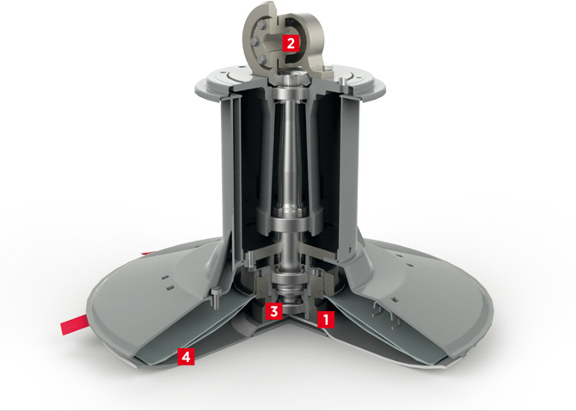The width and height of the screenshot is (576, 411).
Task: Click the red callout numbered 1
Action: [326, 320]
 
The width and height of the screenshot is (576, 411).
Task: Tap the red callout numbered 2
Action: [291, 43]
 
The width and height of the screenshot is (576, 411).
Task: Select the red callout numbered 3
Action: [274, 311]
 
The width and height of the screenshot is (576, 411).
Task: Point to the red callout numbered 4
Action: [187, 356]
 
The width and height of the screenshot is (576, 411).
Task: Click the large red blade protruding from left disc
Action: [74, 324]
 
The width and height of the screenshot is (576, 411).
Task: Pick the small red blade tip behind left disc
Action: [148, 253]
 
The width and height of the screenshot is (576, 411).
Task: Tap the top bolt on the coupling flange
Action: [261, 25]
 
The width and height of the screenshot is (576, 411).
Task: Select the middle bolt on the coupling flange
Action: [255, 41]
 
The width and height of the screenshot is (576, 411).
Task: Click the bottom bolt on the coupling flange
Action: [261, 59]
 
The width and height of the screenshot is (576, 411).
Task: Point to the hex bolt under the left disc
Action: [216, 297]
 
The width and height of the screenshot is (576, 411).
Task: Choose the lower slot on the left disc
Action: [169, 288]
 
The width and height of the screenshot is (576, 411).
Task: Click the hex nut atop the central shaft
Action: [291, 77]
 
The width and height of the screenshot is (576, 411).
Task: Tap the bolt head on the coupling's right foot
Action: [328, 68]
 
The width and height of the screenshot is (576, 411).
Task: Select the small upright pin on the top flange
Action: [341, 82]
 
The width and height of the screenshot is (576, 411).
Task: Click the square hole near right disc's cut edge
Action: [394, 300]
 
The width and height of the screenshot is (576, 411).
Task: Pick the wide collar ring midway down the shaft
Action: [290, 224]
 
